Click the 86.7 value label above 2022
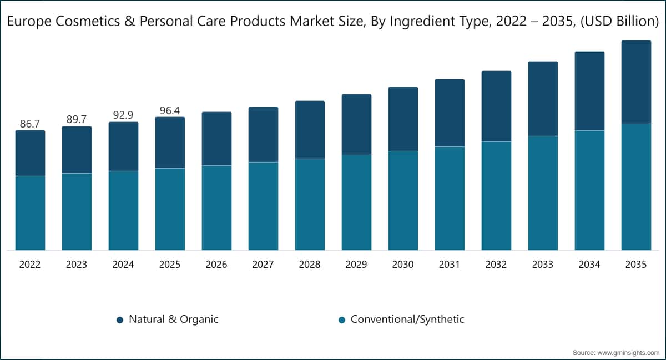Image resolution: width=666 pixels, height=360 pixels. click(30, 124)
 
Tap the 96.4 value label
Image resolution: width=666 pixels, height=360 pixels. click(170, 110)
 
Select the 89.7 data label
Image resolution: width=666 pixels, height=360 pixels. click(77, 119)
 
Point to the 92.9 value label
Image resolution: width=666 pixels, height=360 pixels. click(123, 115)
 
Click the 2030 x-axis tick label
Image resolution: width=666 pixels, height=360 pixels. click(403, 264)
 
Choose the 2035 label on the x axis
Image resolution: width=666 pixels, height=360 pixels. click(636, 264)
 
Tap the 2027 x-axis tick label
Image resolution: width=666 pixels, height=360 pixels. click(263, 264)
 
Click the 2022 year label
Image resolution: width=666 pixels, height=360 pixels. click(30, 264)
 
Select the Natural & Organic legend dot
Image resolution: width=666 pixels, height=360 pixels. click(120, 320)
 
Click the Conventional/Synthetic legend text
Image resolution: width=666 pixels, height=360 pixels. click(407, 320)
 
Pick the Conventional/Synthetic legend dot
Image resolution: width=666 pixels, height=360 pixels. click(342, 320)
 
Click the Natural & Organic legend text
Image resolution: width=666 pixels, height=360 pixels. click(174, 320)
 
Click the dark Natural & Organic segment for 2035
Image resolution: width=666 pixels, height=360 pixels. click(636, 82)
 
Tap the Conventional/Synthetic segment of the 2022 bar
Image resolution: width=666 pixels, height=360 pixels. click(31, 213)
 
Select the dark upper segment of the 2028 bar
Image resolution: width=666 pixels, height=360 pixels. click(310, 130)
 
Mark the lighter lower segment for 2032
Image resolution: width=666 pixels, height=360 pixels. click(497, 196)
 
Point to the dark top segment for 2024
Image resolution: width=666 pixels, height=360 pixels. click(123, 146)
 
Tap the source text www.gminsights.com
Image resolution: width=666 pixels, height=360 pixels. click(628, 353)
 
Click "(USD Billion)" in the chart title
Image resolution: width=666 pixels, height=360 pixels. click(619, 22)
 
